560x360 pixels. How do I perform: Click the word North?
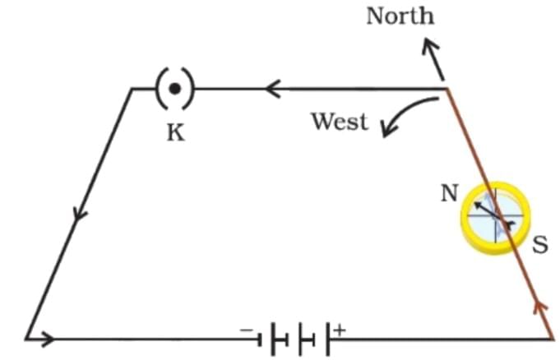(x=400, y=16)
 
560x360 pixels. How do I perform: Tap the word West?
(x=339, y=122)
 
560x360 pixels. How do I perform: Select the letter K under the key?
(x=175, y=132)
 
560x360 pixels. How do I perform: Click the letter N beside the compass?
(x=449, y=193)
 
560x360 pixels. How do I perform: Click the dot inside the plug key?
(x=174, y=88)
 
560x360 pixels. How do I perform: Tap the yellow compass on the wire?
(x=495, y=217)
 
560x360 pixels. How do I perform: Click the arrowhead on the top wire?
(x=273, y=88)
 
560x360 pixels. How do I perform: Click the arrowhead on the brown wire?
(x=540, y=307)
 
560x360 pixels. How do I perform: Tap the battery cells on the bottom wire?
(x=295, y=338)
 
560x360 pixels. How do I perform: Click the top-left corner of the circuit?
(x=132, y=88)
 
